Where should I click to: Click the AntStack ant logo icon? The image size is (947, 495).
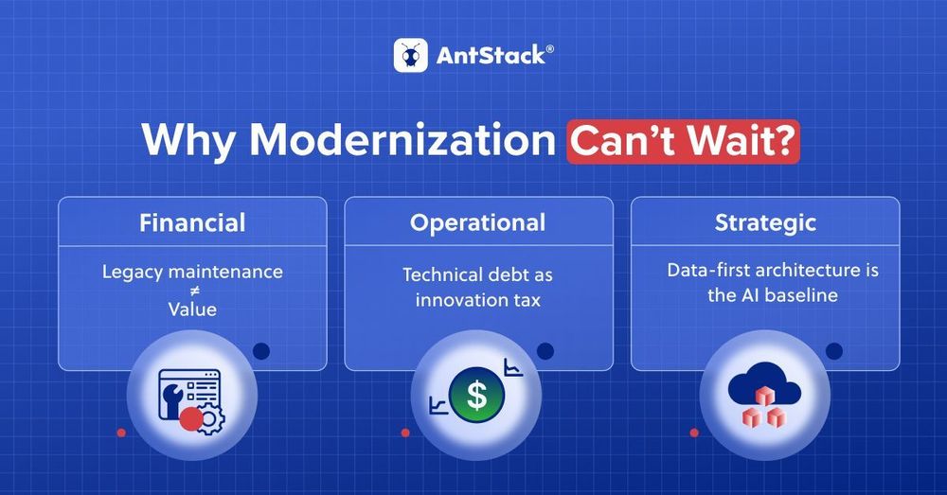[x=411, y=56]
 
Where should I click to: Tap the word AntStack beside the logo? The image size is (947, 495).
[x=491, y=56]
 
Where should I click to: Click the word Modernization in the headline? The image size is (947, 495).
[x=402, y=140]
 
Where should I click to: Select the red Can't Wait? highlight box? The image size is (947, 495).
[x=683, y=142]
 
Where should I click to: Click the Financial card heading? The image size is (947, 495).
[x=192, y=222]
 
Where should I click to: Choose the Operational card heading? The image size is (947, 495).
[x=477, y=223]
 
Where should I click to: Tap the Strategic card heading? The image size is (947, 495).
[x=765, y=223]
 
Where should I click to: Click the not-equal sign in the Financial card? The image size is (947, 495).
[x=192, y=291]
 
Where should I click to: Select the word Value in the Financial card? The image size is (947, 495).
[x=192, y=309]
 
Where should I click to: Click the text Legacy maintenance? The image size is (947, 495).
[x=192, y=273]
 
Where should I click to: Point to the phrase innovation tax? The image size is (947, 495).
[x=477, y=300]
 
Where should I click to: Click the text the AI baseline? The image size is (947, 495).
[x=773, y=295]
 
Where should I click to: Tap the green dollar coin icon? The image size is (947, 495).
[x=476, y=396]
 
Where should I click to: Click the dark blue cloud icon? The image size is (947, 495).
[x=764, y=384]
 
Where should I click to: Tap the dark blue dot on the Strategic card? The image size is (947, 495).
[x=834, y=351]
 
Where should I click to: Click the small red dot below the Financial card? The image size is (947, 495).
[x=121, y=433]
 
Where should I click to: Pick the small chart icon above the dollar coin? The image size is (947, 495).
[x=513, y=367]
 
